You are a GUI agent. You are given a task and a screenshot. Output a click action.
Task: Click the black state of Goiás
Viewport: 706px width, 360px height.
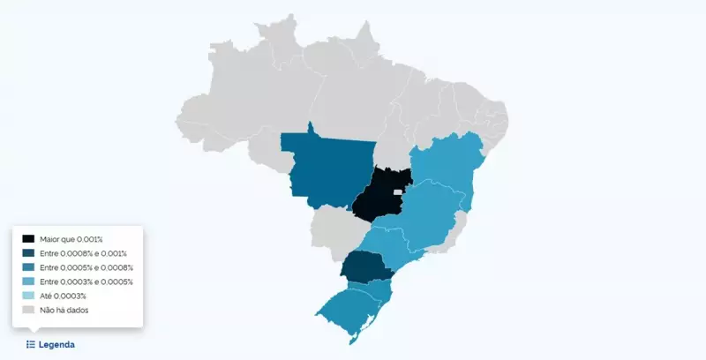[375, 199]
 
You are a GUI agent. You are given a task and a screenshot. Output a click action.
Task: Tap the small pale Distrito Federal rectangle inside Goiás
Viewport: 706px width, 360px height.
[398, 191]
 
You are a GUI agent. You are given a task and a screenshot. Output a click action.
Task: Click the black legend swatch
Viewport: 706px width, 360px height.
[29, 239]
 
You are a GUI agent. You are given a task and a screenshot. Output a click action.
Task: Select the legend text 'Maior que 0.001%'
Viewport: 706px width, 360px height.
[71, 239]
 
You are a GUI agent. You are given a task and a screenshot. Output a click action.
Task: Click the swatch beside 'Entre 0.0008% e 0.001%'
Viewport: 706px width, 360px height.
[29, 253]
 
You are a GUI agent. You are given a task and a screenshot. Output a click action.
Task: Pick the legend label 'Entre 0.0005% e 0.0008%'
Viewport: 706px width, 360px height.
[86, 267]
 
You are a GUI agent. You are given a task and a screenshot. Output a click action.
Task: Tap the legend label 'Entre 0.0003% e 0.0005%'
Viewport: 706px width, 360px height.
[86, 281]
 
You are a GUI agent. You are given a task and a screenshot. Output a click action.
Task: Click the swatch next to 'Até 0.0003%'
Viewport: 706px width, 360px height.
[29, 296]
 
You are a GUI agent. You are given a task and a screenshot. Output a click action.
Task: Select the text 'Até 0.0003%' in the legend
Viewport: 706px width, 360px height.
[63, 296]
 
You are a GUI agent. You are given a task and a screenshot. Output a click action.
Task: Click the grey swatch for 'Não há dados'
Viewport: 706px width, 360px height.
[29, 310]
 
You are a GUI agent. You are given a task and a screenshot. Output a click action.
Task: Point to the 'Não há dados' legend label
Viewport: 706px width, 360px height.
[64, 310]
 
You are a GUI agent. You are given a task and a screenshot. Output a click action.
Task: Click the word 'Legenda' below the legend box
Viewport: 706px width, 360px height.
[56, 344]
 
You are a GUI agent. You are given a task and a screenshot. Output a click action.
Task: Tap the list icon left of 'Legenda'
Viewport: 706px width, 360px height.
[31, 344]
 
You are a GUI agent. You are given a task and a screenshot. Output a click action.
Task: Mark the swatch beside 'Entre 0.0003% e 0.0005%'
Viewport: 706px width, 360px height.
[29, 281]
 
